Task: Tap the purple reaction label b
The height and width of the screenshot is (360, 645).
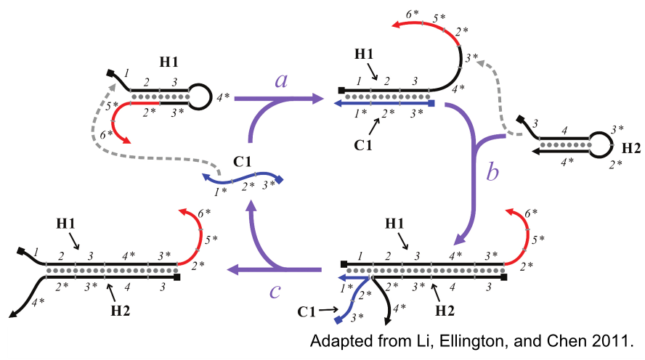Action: pos(493,173)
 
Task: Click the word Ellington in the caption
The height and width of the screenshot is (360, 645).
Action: pos(455,340)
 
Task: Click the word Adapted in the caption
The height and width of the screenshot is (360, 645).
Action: pos(337,340)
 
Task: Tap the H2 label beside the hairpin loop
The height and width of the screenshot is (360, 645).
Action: pos(630,149)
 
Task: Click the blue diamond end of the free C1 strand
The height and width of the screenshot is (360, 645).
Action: pos(280,179)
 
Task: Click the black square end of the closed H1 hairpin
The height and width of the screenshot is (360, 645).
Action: pos(111,73)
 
